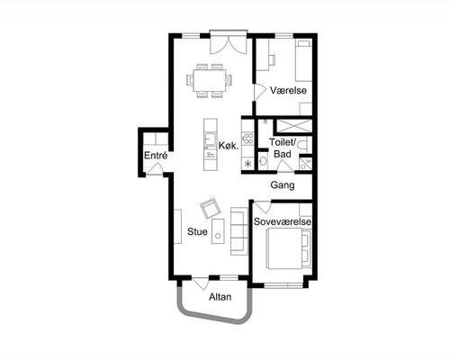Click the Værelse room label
click(288, 90)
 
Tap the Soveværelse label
click(283, 221)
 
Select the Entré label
click(156, 156)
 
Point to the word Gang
click(283, 184)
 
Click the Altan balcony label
click(220, 297)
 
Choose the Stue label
click(197, 231)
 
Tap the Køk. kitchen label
click(229, 146)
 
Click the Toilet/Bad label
click(283, 148)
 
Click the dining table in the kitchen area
click(210, 80)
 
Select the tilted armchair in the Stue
click(211, 207)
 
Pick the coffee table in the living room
click(218, 231)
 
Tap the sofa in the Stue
click(239, 231)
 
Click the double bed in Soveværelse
click(288, 248)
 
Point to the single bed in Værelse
click(303, 60)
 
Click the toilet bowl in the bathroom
click(301, 146)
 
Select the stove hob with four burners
click(248, 139)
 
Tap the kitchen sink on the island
click(210, 139)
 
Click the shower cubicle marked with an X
click(294, 126)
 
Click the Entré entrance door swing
click(155, 168)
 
